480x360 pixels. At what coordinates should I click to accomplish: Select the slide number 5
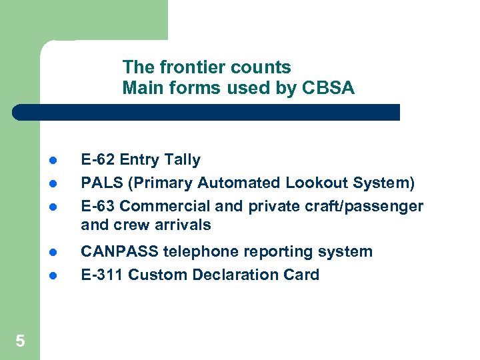(20, 341)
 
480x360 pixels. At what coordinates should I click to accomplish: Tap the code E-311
(102, 275)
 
